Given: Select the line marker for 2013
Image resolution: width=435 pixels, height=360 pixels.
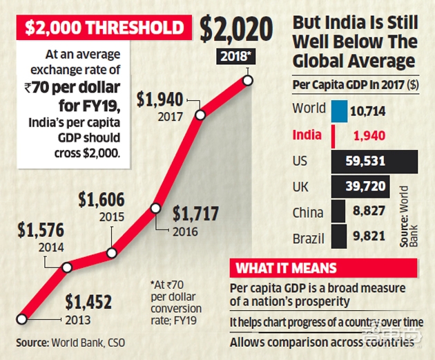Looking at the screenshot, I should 21,319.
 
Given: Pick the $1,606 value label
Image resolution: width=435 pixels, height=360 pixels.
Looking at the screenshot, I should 101,201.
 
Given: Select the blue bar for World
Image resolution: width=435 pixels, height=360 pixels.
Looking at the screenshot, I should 338,111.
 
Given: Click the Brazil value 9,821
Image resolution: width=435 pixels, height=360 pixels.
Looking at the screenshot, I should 366,236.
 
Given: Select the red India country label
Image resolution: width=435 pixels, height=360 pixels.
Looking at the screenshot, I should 307,135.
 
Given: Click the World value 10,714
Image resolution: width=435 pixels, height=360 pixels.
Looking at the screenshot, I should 367,111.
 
